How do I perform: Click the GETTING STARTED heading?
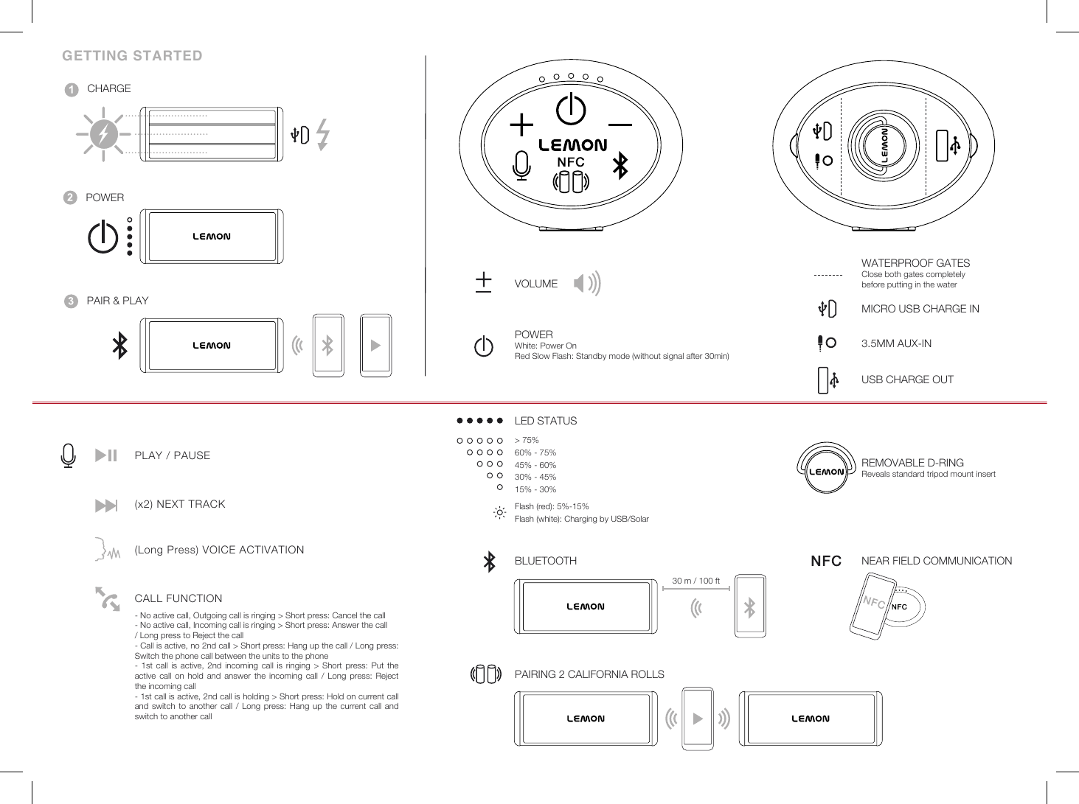coord(132,56)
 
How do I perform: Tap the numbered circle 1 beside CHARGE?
coord(71,89)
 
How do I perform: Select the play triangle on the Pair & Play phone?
coord(376,345)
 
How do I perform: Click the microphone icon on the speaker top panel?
coord(521,165)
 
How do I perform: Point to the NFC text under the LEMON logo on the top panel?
coord(570,161)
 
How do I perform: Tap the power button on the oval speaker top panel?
coord(571,111)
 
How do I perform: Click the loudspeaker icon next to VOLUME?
coord(587,284)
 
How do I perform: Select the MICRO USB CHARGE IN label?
coord(920,309)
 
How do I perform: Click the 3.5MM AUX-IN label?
coord(896,343)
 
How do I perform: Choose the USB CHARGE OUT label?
coord(907,380)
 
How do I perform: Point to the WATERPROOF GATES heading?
coord(915,263)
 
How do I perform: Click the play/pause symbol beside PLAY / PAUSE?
coord(106,455)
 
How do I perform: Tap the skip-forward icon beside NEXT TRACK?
coord(106,505)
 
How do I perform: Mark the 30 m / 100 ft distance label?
coord(695,581)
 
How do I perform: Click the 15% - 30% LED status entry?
coord(535,489)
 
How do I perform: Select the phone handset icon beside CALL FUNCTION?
coord(108,598)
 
